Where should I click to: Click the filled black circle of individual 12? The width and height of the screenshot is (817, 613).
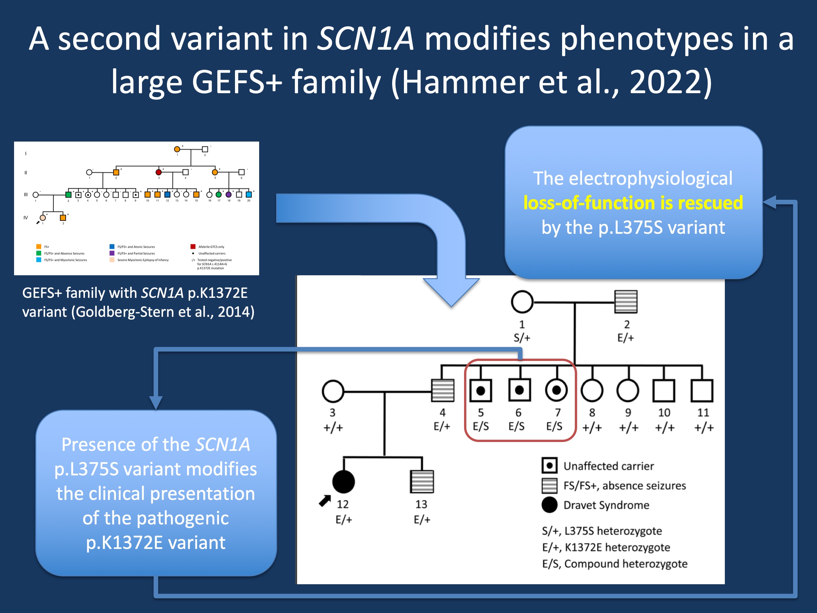343,482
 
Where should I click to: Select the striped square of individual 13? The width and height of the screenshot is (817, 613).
422,482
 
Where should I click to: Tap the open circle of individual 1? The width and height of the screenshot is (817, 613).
522,302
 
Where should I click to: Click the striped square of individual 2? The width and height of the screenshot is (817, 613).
626,302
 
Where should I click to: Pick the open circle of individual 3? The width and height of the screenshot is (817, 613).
333,391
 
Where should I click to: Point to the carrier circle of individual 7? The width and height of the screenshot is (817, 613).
556,390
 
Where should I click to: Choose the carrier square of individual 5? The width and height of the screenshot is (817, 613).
480,390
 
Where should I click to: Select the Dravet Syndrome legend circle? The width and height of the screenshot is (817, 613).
550,505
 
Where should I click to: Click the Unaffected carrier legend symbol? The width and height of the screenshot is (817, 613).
550,466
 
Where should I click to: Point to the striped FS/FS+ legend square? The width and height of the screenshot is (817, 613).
550,485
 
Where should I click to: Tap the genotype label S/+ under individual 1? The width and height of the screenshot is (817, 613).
522,338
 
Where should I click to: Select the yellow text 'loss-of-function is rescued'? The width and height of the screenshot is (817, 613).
633,203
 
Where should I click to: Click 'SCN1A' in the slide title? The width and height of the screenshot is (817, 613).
366,39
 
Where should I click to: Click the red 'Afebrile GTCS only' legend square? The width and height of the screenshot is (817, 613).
193,247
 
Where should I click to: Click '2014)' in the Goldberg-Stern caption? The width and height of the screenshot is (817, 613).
236,312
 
